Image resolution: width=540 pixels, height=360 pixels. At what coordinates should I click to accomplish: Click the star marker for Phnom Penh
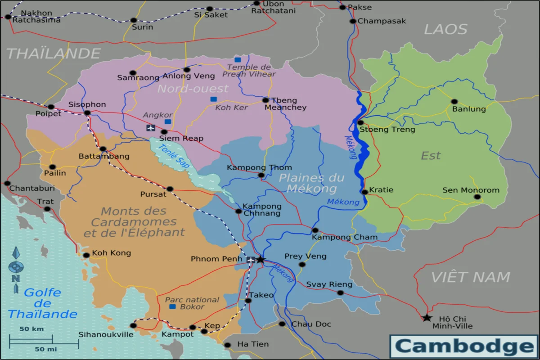[260, 260]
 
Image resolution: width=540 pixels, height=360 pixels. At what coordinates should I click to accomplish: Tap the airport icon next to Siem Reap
[151, 128]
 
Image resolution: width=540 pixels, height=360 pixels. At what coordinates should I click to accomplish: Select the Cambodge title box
[463, 346]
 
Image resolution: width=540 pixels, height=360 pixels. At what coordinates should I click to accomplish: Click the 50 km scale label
[31, 329]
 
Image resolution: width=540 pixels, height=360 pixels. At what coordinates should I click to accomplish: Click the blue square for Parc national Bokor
[172, 306]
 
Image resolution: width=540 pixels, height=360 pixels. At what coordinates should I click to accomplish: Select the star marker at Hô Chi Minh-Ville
[427, 318]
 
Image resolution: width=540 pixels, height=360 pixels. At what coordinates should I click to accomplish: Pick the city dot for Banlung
[454, 102]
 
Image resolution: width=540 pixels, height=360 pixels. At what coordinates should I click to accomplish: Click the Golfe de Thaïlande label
[42, 303]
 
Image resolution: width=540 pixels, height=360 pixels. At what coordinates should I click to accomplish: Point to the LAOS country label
[445, 30]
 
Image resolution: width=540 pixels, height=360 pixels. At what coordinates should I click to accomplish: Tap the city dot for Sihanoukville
[133, 325]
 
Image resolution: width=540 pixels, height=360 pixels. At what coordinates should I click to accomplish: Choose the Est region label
[431, 156]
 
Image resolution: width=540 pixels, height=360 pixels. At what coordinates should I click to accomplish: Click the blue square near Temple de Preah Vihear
[238, 60]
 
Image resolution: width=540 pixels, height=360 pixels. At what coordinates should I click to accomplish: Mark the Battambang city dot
[103, 149]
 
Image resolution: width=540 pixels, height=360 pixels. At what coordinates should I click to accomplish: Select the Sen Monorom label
[471, 190]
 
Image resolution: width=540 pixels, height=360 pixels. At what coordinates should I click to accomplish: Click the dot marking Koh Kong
[86, 255]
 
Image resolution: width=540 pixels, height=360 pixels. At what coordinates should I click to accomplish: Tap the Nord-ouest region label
[193, 89]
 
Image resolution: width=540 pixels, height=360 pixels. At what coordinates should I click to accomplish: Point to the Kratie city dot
[365, 192]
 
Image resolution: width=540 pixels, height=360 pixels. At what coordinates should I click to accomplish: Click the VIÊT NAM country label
[471, 277]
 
